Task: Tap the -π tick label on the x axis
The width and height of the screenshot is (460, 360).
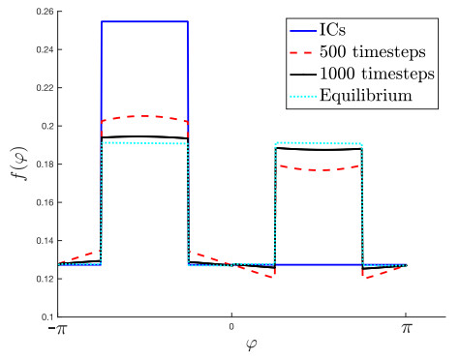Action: (55, 331)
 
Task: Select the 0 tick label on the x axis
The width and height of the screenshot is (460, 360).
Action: (230, 328)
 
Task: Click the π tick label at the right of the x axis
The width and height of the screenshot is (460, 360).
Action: (406, 331)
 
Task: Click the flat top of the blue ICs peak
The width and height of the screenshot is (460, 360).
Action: (144, 21)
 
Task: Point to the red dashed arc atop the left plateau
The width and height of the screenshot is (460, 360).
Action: (144, 116)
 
